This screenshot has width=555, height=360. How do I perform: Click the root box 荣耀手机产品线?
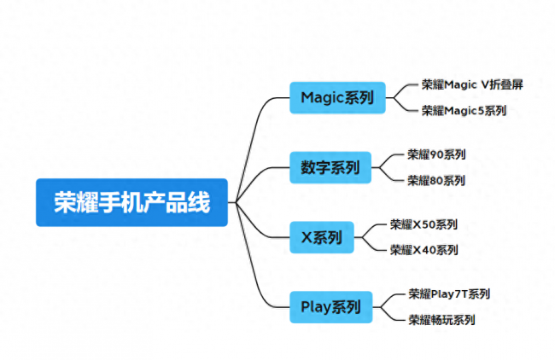[x=131, y=202]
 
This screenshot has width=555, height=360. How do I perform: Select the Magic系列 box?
[x=337, y=97]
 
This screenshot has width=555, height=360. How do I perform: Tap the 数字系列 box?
[x=330, y=167]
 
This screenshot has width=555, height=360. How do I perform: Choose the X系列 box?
[x=322, y=237]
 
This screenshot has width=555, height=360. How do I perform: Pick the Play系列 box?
[x=331, y=307]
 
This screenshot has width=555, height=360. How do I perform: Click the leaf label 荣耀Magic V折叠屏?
[x=472, y=84]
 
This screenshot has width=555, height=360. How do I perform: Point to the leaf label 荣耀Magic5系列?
[x=464, y=111]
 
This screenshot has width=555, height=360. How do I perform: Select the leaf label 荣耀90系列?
[x=436, y=154]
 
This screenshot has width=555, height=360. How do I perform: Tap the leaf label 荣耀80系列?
[x=436, y=181]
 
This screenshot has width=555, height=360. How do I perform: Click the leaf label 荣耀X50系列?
[x=424, y=224]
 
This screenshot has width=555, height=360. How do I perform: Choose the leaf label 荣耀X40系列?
[x=424, y=250]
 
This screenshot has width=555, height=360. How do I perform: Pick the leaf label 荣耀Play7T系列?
[x=449, y=293]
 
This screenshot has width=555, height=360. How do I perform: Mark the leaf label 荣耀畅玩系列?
[x=441, y=320]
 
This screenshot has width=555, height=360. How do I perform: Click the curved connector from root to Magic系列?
[x=252, y=142]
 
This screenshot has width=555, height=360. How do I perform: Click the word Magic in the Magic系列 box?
[x=322, y=98]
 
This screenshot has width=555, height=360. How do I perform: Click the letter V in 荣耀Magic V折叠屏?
[x=485, y=84]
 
